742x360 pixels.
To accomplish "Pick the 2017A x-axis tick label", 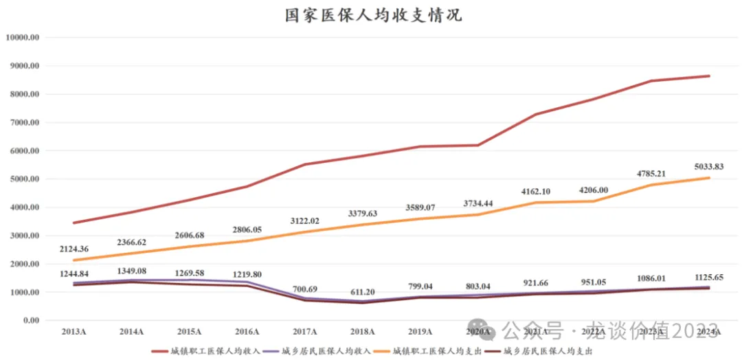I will pos(304,333).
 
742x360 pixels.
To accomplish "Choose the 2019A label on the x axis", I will pos(420,333).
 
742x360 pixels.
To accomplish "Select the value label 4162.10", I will pos(536,190).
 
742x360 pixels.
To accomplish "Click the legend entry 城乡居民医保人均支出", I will pos(550,350).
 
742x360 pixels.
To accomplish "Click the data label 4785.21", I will pos(651,173).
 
